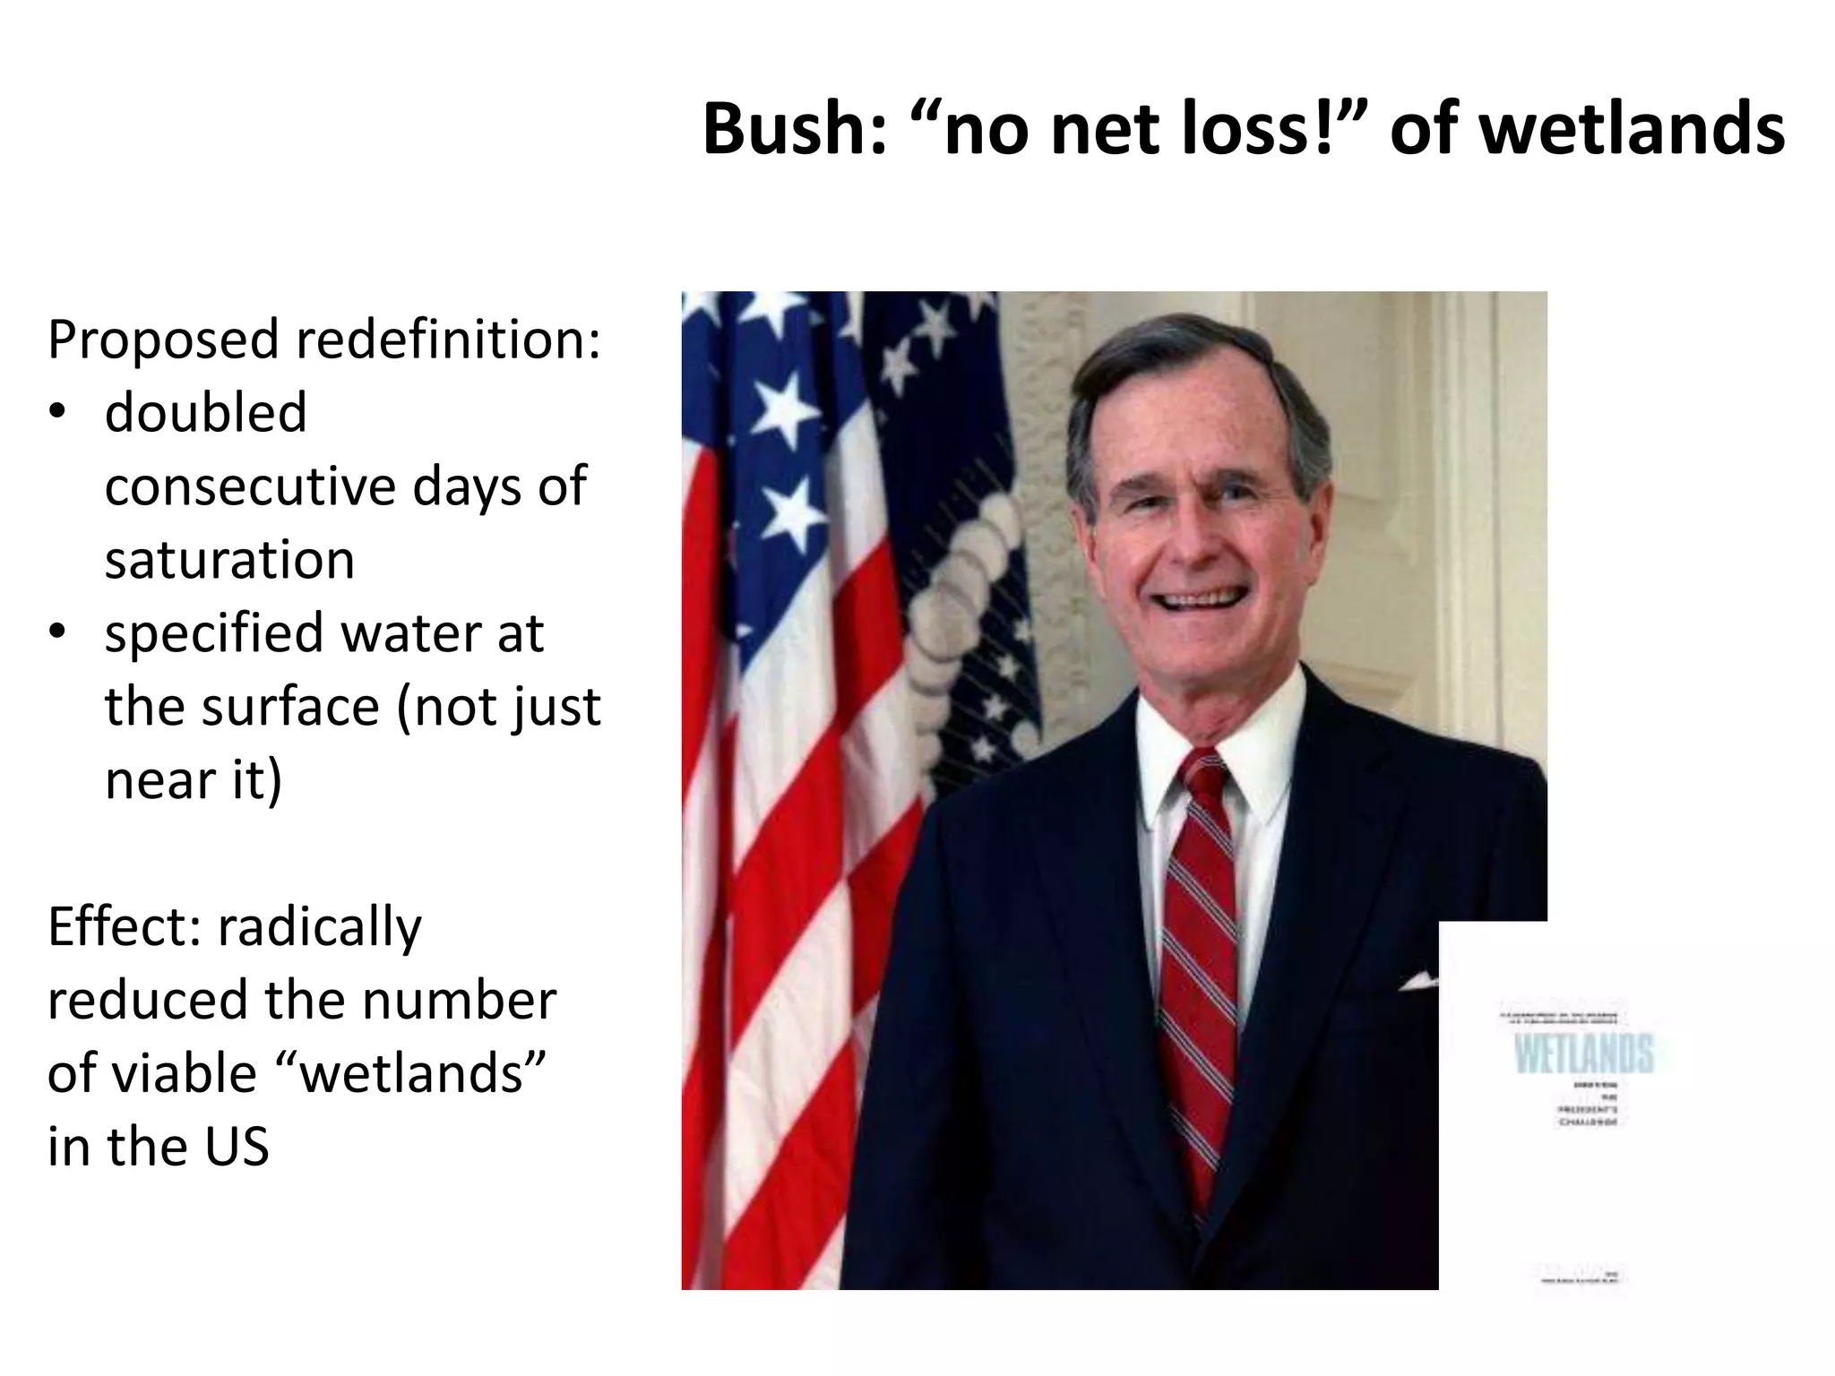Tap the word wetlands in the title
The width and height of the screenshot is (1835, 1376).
pos(1631,130)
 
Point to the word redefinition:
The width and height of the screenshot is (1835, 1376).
pos(448,340)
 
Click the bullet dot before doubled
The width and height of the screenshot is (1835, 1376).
pos(58,413)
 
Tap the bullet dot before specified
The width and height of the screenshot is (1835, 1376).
pos(58,632)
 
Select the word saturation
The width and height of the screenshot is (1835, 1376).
pos(229,560)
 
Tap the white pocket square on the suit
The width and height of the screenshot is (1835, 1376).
pos(1418,983)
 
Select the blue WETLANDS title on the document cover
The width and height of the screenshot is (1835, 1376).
pos(1583,1053)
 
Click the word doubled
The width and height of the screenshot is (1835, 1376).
pos(205,413)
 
